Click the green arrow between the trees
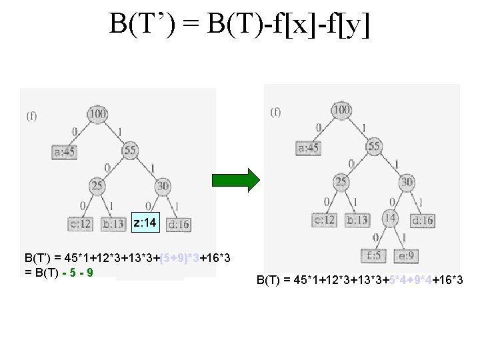coord(235,181)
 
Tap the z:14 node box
coord(145,222)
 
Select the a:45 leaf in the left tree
coord(65,152)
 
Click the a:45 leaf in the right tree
coord(308,147)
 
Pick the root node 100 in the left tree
coord(97,114)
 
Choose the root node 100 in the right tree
coord(341,110)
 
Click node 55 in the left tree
coord(129,151)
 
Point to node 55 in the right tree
coord(373,146)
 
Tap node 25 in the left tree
coord(97,186)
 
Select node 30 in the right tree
coord(407,182)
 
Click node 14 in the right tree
coord(390,217)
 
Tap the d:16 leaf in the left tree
coord(178,224)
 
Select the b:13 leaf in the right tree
coord(357,219)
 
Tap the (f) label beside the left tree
coord(31,116)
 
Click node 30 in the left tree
coord(162,186)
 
